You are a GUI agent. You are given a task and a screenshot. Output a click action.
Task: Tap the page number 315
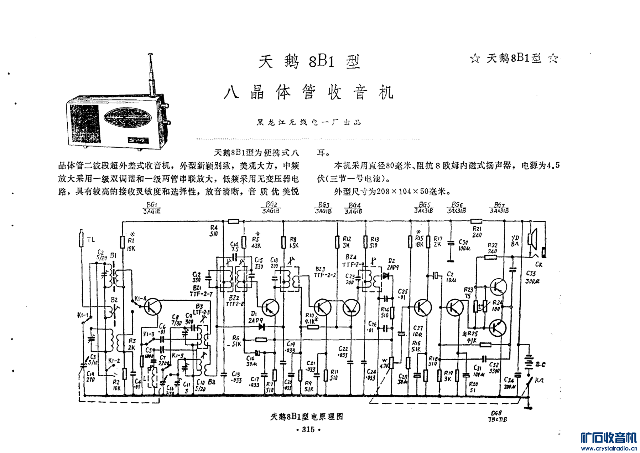point(308,429)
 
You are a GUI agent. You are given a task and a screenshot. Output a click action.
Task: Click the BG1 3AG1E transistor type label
point(152,208)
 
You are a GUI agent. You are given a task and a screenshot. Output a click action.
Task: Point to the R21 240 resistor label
point(477,232)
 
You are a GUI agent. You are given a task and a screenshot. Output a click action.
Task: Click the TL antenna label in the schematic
point(91,240)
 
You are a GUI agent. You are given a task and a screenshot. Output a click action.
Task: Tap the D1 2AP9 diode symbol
point(262,326)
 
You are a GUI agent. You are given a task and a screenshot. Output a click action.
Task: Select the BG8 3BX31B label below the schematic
point(498,416)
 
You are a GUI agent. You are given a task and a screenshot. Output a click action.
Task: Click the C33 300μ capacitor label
point(532,277)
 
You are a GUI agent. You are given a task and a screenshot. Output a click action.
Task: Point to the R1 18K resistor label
point(131,244)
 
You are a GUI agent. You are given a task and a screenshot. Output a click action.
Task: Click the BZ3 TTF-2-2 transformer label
point(324,272)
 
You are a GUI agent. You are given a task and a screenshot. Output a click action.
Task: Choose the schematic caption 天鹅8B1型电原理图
point(307,417)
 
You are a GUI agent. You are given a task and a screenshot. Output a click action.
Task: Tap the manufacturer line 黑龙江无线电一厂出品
point(308,122)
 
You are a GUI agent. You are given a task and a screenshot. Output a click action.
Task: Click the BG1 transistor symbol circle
point(153,306)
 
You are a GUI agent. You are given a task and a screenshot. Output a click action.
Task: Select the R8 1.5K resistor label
point(294,243)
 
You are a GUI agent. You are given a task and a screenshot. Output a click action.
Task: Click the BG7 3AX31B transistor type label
point(499,208)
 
